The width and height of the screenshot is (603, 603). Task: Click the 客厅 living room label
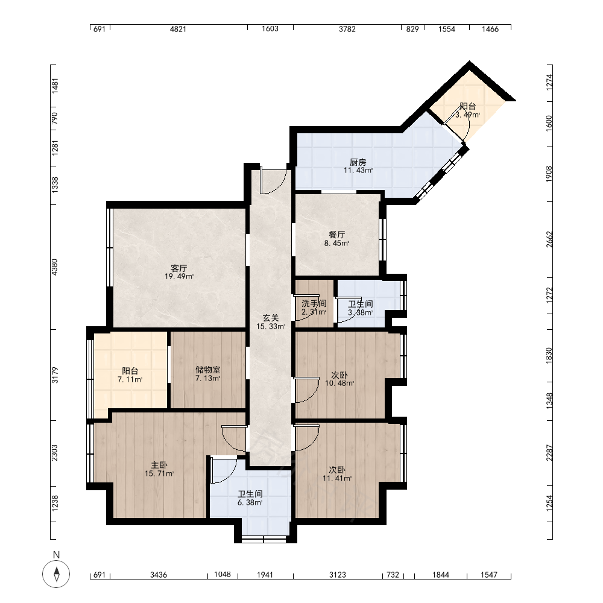(179, 268)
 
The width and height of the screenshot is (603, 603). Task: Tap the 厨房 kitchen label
(358, 162)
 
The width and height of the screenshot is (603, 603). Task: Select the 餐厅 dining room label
(337, 235)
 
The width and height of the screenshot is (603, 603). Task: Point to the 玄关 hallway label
(271, 318)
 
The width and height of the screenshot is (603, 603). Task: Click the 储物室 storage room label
(207, 370)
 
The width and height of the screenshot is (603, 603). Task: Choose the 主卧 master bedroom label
(159, 466)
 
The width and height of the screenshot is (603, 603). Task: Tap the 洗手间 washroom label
(314, 303)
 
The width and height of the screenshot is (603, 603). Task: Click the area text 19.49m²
(179, 277)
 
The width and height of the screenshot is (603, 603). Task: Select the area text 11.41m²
(337, 479)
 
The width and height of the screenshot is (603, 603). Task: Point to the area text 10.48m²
(339, 384)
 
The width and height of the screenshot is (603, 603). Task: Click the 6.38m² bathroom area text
(250, 503)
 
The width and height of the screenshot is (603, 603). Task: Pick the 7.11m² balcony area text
(130, 379)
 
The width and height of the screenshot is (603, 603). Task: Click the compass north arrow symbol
(57, 574)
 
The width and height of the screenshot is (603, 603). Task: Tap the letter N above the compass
(57, 555)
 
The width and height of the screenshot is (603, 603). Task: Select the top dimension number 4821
(178, 29)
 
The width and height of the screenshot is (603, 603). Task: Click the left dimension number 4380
(55, 267)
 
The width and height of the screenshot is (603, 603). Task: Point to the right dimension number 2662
(549, 239)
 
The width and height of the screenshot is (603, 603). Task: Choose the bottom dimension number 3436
(159, 575)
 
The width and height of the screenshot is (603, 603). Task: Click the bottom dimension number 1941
(265, 575)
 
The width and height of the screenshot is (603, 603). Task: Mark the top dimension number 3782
(347, 29)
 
